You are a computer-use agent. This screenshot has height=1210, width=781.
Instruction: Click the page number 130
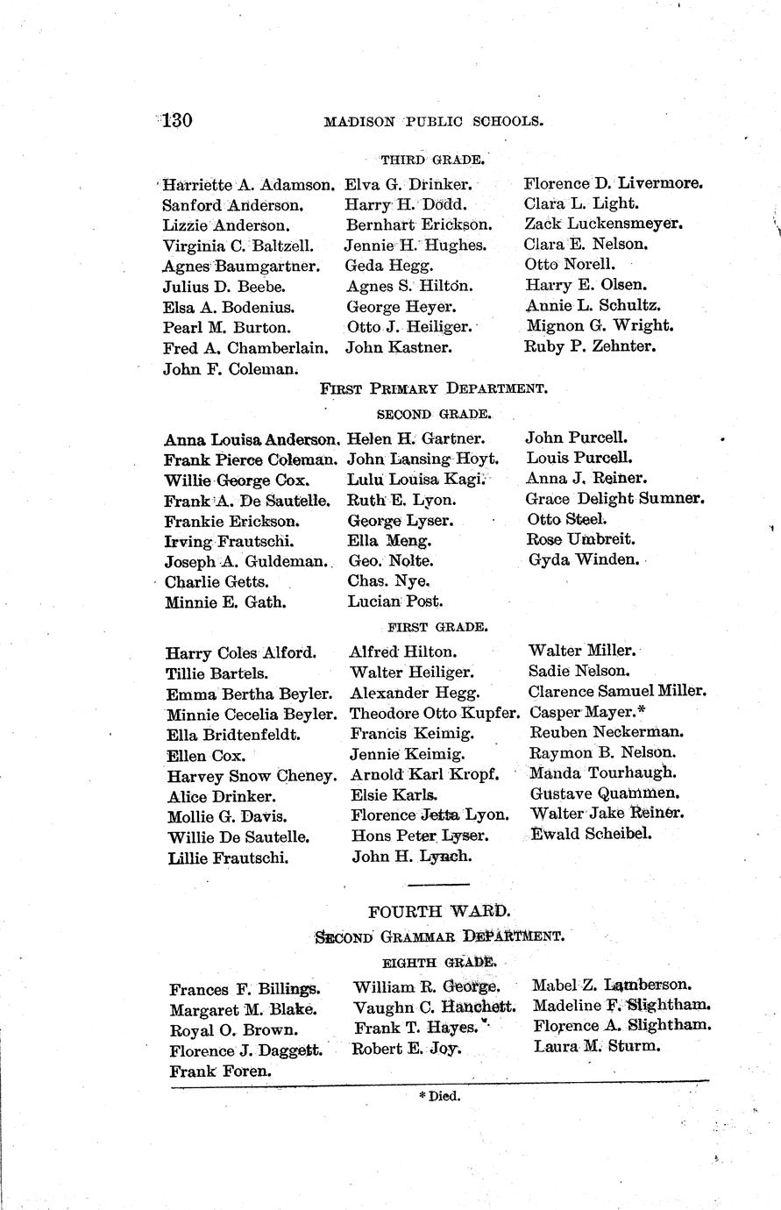click(177, 120)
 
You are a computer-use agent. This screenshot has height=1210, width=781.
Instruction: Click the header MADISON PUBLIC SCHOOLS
click(433, 122)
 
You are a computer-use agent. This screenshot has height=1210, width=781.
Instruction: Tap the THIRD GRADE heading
click(432, 160)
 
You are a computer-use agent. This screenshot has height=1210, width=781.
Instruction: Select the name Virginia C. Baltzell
click(238, 246)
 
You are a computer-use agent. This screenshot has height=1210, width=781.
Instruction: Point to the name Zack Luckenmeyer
click(604, 224)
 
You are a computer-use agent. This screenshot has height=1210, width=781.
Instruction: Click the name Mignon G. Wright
click(600, 325)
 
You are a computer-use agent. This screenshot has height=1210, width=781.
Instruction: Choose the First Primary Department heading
click(434, 388)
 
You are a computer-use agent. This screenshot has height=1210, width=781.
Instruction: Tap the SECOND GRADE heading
click(433, 413)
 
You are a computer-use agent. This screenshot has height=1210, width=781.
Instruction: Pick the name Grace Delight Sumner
click(615, 499)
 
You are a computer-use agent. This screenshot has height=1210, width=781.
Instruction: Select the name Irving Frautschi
click(229, 542)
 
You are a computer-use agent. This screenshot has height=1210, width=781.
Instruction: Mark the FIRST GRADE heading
click(437, 627)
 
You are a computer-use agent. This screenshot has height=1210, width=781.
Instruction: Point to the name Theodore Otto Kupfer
click(435, 713)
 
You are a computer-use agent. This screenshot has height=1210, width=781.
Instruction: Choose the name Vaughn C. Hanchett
click(435, 1007)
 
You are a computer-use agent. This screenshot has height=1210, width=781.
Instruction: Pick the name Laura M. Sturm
click(596, 1046)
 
